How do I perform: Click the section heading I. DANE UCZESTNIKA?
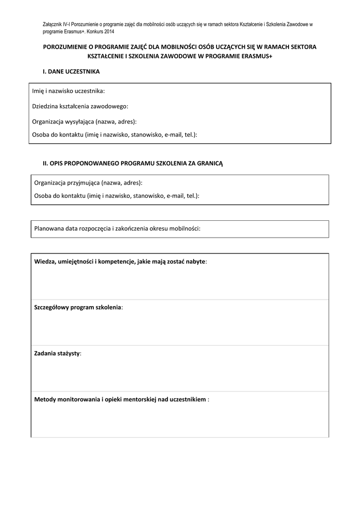(x=71, y=71)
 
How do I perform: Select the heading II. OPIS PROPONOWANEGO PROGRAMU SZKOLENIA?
(x=133, y=163)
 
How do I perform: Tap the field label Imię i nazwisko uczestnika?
(x=69, y=91)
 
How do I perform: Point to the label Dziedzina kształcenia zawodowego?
(x=80, y=106)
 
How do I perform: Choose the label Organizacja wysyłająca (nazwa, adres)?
(x=84, y=122)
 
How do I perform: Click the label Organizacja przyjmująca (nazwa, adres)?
(x=88, y=183)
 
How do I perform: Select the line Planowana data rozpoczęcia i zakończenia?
(x=117, y=229)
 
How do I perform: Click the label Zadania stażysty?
(x=58, y=353)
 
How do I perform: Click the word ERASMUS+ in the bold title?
(x=256, y=56)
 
